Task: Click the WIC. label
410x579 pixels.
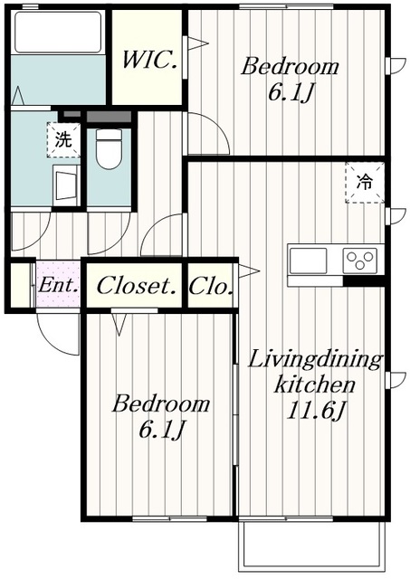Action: point(149,61)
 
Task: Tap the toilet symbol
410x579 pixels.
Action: point(109,148)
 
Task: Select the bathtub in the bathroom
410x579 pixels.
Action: point(58,33)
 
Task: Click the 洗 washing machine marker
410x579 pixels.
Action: point(63,141)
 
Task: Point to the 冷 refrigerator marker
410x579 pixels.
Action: point(365,183)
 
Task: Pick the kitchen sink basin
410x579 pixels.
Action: point(308,260)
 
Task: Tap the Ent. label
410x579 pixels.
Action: point(58,285)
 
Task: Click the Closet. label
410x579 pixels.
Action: point(136,286)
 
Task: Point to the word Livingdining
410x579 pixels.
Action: point(315,361)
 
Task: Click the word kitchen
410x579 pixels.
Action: point(314,384)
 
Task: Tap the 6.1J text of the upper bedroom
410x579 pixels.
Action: point(291,92)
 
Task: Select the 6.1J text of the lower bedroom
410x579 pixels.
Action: point(161,429)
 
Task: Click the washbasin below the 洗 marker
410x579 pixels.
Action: point(66,185)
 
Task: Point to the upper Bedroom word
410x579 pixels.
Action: point(290,67)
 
